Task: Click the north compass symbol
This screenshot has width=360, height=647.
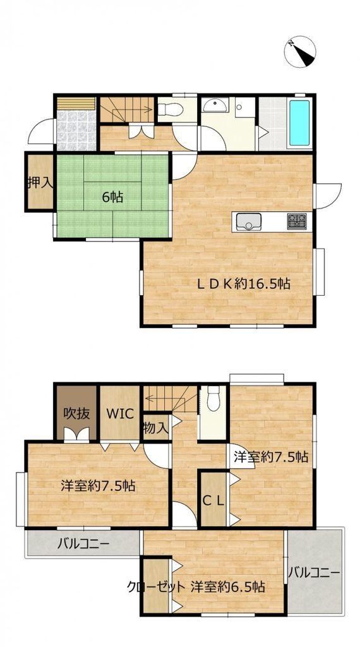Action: click(300, 52)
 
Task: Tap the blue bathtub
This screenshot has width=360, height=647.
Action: click(299, 123)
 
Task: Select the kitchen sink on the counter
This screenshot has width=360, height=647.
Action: click(248, 222)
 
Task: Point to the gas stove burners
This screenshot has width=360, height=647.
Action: click(296, 222)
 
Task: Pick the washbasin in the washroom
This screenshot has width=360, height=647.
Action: click(215, 105)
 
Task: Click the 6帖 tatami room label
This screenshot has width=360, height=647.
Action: click(112, 197)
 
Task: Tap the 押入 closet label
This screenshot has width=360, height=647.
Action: click(40, 183)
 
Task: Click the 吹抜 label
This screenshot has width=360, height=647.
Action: click(76, 413)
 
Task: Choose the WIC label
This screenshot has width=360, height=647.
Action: click(120, 413)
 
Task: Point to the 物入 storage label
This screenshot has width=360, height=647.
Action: click(155, 428)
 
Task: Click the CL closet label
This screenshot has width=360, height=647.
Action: click(213, 500)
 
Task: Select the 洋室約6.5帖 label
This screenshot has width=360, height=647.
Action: click(227, 586)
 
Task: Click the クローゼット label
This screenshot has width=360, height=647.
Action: click(155, 587)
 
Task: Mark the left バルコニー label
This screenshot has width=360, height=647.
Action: click(83, 543)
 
